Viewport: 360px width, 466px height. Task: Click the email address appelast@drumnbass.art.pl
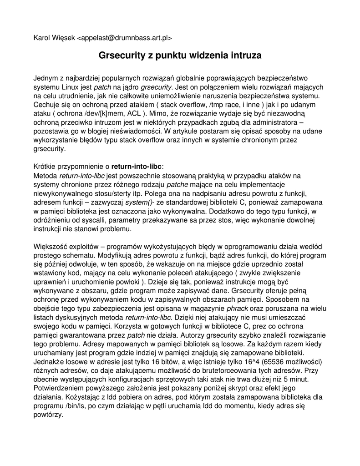point(125,38)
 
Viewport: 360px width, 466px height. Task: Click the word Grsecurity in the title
point(121,56)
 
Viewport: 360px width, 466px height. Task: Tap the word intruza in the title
point(245,56)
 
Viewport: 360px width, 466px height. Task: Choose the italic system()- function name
point(139,202)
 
